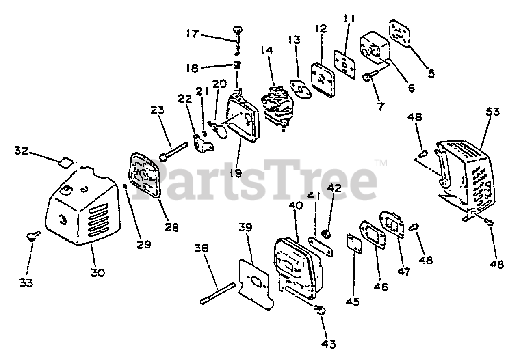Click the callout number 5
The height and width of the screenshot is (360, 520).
pyautogui.click(x=431, y=73)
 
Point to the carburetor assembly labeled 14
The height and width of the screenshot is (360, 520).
pyautogui.click(x=276, y=106)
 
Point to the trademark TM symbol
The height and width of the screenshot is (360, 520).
pyautogui.click(x=381, y=163)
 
